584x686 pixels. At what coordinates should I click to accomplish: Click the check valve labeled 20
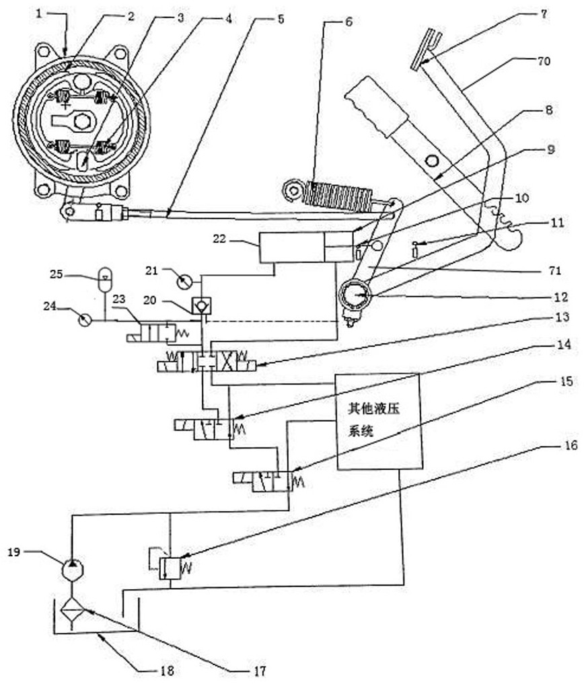[x=200, y=306]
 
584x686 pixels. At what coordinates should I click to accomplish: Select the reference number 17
[x=260, y=671]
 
